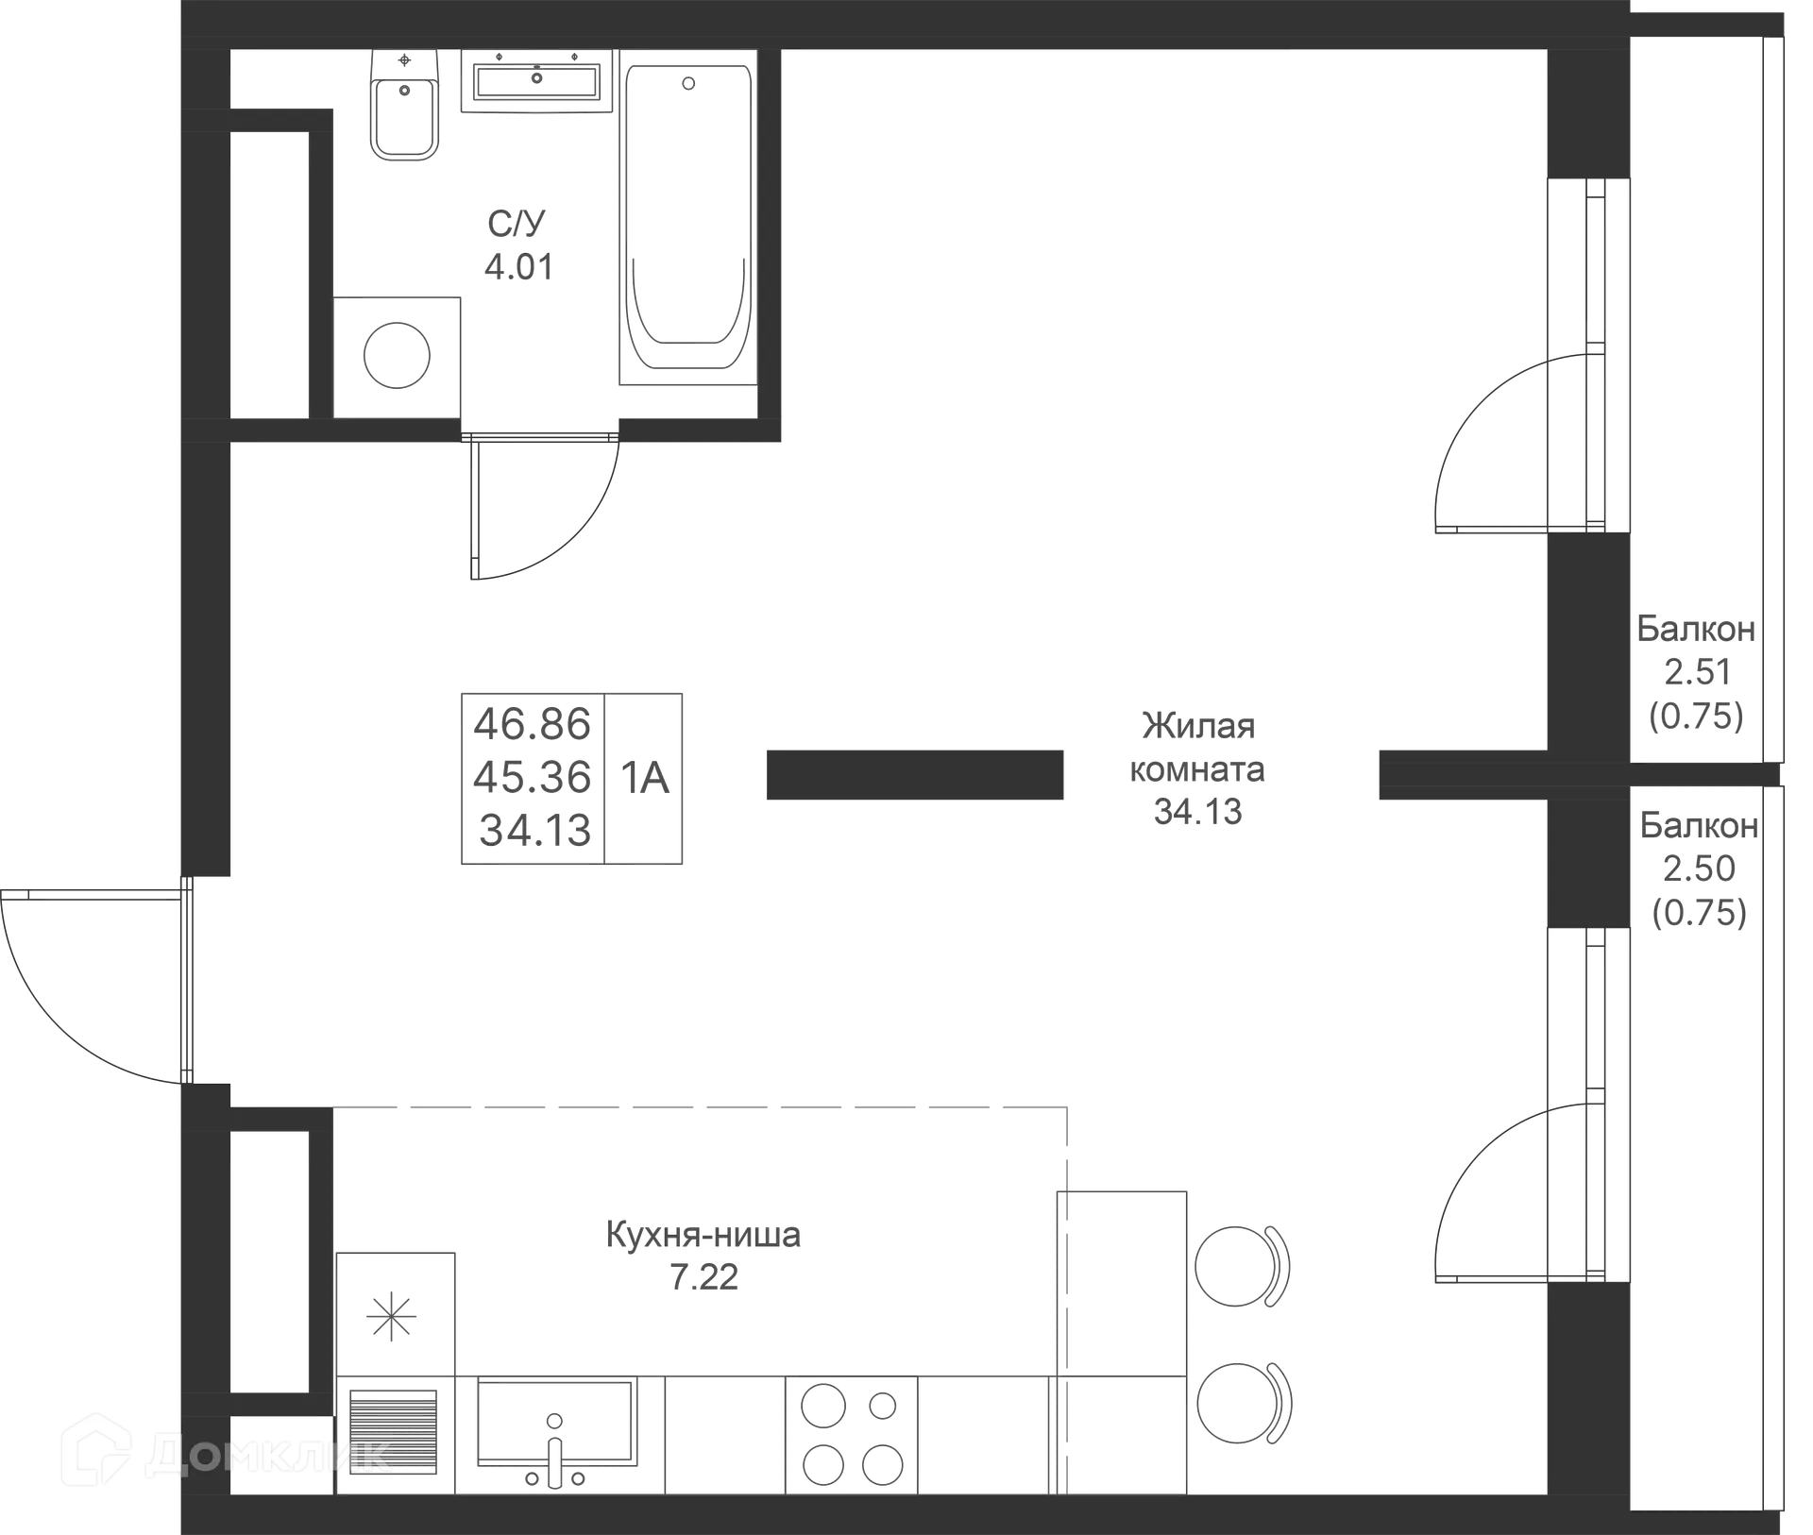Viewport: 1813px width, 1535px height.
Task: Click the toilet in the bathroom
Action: pyautogui.click(x=405, y=105)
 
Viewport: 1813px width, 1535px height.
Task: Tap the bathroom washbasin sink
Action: pyautogui.click(x=537, y=81)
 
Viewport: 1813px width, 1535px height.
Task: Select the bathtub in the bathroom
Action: pyautogui.click(x=688, y=217)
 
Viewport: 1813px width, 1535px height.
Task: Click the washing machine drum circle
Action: pyautogui.click(x=397, y=356)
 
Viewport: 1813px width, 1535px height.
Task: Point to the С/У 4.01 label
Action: pyautogui.click(x=518, y=245)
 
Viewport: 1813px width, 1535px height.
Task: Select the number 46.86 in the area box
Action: pyautogui.click(x=533, y=724)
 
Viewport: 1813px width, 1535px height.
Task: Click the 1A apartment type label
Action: pyautogui.click(x=645, y=778)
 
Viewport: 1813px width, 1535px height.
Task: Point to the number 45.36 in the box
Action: pyautogui.click(x=533, y=777)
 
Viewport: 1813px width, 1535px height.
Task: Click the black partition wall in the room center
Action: pyautogui.click(x=915, y=775)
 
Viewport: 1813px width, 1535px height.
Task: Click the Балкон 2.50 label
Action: pyautogui.click(x=1699, y=847)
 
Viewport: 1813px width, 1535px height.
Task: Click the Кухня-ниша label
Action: pyautogui.click(x=703, y=1235)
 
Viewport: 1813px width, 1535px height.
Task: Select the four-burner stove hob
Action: pyautogui.click(x=852, y=1435)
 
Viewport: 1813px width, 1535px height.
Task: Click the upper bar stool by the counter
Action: pyautogui.click(x=1242, y=1266)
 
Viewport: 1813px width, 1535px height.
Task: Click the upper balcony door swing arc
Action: pyautogui.click(x=1492, y=444)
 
